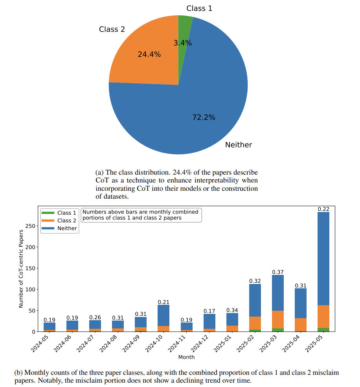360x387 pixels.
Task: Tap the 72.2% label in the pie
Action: (x=204, y=117)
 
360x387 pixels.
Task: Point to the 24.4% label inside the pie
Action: (x=149, y=54)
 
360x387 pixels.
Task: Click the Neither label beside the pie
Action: (x=239, y=145)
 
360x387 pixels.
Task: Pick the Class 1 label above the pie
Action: (x=199, y=8)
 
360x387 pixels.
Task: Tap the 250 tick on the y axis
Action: (x=30, y=226)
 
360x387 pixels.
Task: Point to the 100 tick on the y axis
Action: (x=30, y=289)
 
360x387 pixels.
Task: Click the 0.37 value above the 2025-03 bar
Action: (x=277, y=272)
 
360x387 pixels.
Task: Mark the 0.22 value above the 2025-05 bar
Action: (x=323, y=209)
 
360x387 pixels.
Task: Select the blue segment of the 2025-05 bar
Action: (x=323, y=259)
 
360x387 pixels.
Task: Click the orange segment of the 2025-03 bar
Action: (x=277, y=320)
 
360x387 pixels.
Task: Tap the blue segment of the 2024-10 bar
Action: (x=163, y=316)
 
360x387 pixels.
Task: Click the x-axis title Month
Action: (x=186, y=357)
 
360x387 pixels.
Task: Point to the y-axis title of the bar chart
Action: (x=21, y=269)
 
